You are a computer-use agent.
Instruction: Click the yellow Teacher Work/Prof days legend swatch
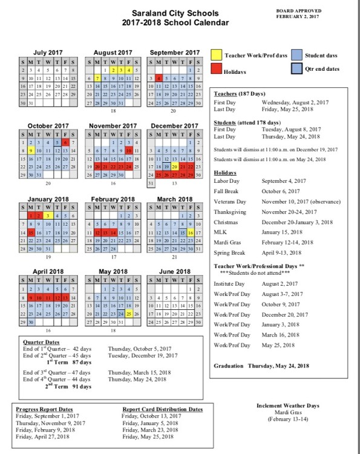(x=217, y=55)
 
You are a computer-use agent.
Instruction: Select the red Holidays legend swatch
(x=217, y=69)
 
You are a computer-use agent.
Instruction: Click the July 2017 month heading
(x=48, y=53)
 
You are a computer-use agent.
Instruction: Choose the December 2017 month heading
(x=174, y=126)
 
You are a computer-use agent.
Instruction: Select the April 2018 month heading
(x=48, y=272)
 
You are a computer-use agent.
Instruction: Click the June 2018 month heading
(x=174, y=272)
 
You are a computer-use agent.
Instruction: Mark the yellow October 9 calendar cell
(x=30, y=150)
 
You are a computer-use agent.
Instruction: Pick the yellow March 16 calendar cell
(x=191, y=232)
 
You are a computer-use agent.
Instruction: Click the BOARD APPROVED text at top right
(x=299, y=11)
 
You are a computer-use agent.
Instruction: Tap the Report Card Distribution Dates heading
(x=162, y=409)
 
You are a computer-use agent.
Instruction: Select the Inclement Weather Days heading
(x=288, y=405)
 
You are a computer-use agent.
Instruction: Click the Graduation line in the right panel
(x=261, y=366)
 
